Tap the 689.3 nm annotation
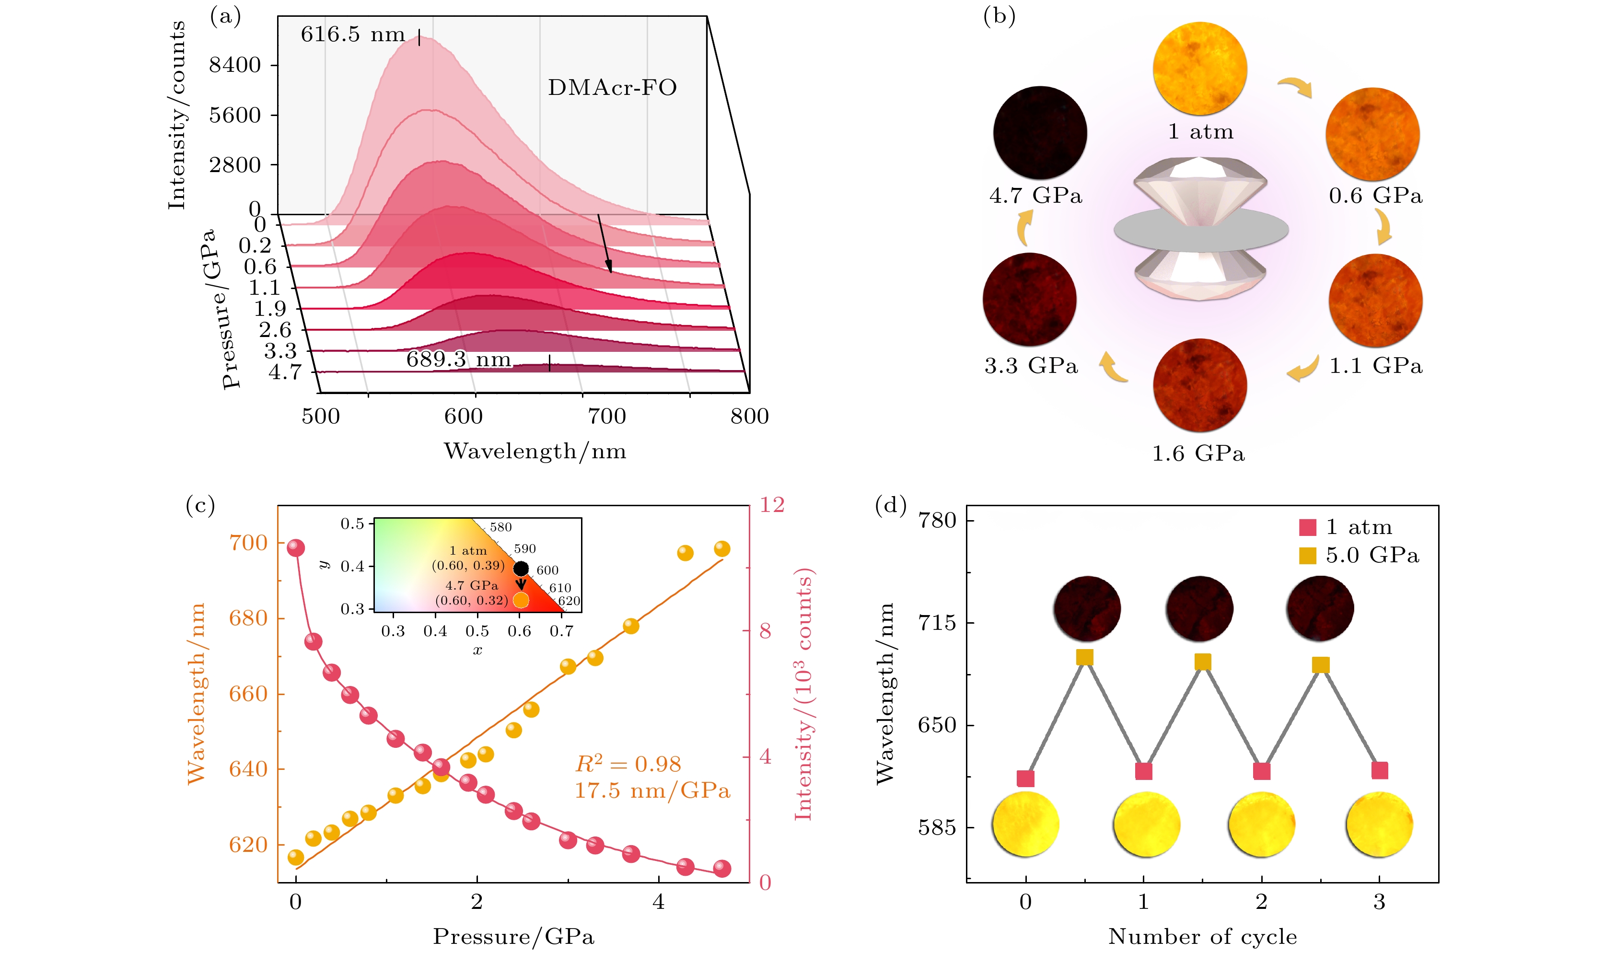coord(458,359)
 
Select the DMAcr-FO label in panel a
coord(612,87)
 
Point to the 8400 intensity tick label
coord(235,65)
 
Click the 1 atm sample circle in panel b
coord(1199,69)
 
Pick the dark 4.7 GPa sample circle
coord(1040,132)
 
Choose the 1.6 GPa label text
coord(1198,453)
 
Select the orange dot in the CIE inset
coord(521,600)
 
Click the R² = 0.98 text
coord(628,764)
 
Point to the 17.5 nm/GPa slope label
coord(652,790)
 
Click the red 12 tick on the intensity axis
coord(772,505)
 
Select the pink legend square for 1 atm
coord(1307,527)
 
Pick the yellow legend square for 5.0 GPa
coord(1307,556)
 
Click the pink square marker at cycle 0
coord(1025,779)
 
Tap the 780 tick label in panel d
coord(938,520)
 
